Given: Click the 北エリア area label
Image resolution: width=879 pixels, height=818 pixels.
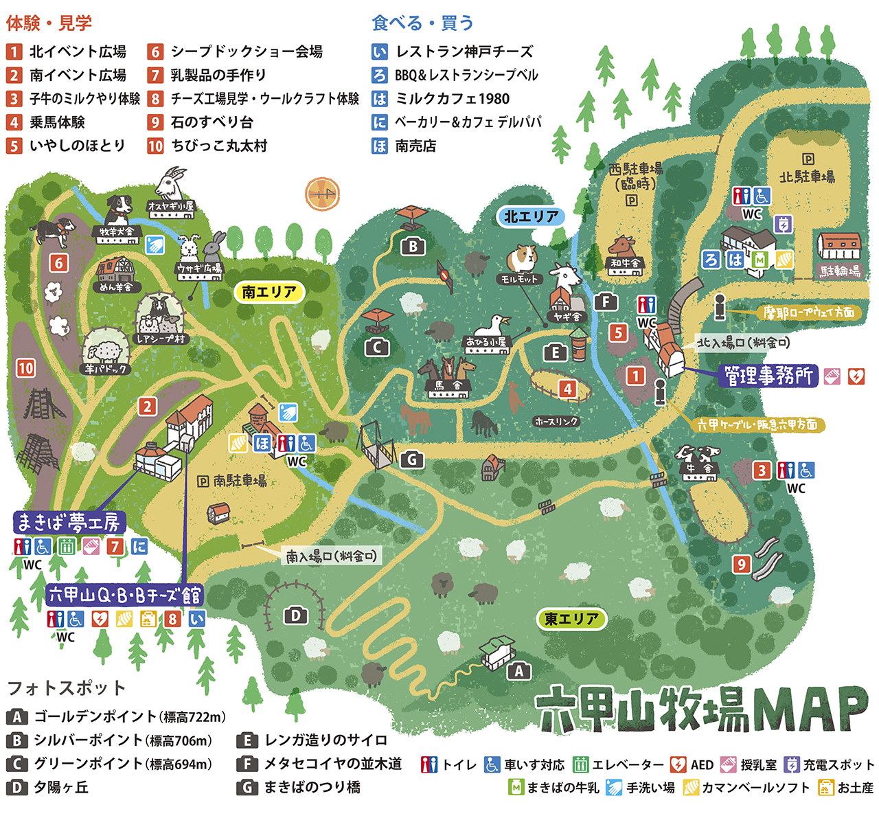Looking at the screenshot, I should click(530, 216).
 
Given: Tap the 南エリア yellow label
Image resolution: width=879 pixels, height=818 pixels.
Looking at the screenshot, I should click(268, 292).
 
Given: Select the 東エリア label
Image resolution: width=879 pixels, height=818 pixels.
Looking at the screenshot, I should click(571, 619).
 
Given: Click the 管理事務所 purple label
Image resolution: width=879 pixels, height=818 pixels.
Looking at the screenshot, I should click(768, 376).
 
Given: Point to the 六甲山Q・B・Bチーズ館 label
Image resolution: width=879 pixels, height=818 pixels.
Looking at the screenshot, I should click(125, 595).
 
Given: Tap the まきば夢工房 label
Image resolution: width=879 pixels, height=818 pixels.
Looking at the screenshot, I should click(68, 523).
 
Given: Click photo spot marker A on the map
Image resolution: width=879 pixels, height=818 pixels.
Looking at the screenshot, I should click(519, 671).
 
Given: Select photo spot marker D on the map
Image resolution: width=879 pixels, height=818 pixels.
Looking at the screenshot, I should click(295, 615).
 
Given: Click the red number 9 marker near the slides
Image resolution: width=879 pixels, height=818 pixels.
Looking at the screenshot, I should click(741, 565).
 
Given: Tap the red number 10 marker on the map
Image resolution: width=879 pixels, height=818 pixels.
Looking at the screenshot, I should click(25, 368).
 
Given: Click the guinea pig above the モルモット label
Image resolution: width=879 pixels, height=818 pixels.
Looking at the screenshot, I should click(521, 259).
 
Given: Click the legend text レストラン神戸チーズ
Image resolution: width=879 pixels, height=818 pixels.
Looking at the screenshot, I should click(464, 52).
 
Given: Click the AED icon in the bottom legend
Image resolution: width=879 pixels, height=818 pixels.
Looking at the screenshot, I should click(678, 764).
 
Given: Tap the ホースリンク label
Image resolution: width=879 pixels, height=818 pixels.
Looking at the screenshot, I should click(556, 422).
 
